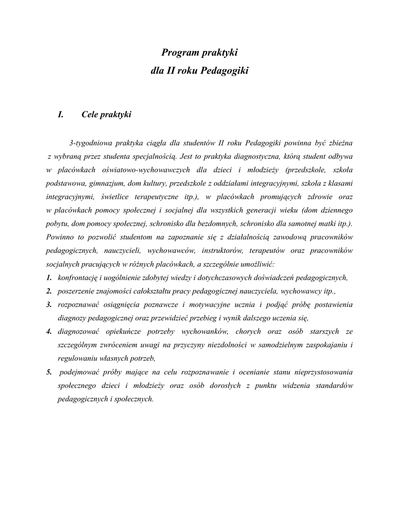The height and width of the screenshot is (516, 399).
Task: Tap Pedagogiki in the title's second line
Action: coord(224,71)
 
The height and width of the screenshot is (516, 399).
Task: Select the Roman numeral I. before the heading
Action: coord(61,115)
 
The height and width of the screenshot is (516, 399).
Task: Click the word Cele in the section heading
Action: coord(90,115)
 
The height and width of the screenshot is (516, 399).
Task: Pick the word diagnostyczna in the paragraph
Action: coord(256,156)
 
